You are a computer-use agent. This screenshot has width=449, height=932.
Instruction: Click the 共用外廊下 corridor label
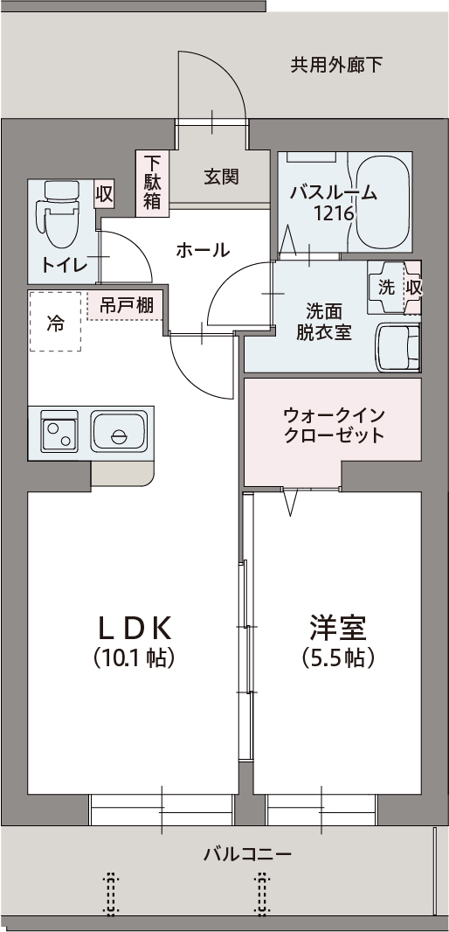tap(336, 65)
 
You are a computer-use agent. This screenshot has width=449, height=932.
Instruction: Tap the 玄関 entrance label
tap(222, 177)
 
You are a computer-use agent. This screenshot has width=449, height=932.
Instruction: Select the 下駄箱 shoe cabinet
tap(153, 182)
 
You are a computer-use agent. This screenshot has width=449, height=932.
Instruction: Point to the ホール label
tap(203, 251)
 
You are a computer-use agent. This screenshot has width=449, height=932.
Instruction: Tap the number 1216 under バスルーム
tap(334, 212)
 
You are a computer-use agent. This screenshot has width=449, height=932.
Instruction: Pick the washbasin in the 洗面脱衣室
tap(397, 347)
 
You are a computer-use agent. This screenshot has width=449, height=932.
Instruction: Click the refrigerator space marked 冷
tap(55, 323)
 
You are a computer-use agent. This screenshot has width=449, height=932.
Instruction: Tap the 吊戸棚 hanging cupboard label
tap(127, 305)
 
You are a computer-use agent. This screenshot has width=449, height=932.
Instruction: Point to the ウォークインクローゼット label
tap(334, 425)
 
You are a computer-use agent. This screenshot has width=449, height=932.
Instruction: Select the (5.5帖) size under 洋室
tap(337, 657)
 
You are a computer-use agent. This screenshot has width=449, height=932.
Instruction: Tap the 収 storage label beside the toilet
tap(104, 194)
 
